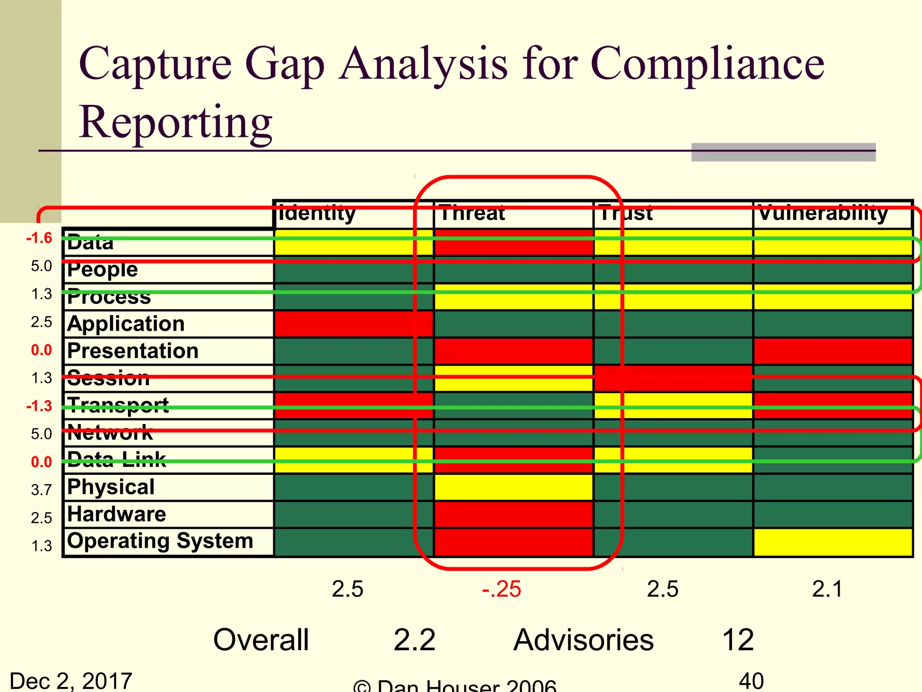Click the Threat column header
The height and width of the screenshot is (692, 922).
(472, 213)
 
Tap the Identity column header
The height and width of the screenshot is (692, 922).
(317, 213)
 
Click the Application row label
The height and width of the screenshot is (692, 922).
(126, 324)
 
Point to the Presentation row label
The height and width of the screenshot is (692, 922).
(133, 351)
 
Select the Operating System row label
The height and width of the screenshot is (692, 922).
(160, 541)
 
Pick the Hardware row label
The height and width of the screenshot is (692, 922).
(117, 514)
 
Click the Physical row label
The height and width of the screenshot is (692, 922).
(111, 487)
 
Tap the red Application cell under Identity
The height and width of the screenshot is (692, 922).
(353, 324)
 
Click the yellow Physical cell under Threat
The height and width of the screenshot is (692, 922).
(513, 487)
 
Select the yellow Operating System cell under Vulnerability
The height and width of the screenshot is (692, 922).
(833, 542)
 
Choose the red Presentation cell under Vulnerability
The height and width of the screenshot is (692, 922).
(833, 351)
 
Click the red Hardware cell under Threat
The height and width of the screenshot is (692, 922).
(513, 514)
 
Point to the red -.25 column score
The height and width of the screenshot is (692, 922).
(502, 589)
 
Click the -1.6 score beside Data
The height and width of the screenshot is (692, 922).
(39, 238)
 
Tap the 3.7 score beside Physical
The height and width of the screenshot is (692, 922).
(41, 489)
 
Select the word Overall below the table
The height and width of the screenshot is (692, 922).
(261, 640)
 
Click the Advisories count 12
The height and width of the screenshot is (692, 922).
(738, 640)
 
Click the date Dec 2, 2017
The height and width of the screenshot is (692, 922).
(71, 680)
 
